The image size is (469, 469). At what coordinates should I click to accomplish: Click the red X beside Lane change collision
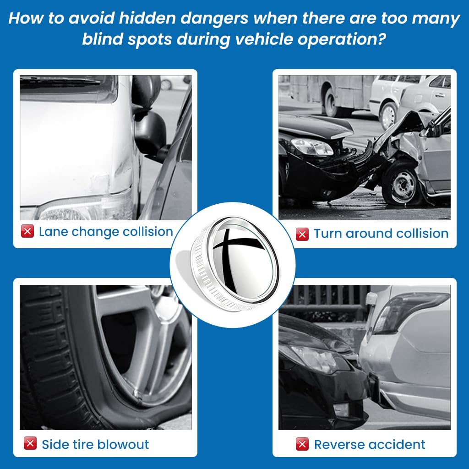27,231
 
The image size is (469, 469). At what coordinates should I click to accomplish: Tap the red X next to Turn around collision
302,234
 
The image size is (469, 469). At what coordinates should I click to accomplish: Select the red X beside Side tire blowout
30,443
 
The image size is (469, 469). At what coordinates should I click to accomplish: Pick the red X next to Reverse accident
302,444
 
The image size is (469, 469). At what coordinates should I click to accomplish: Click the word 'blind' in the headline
102,39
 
